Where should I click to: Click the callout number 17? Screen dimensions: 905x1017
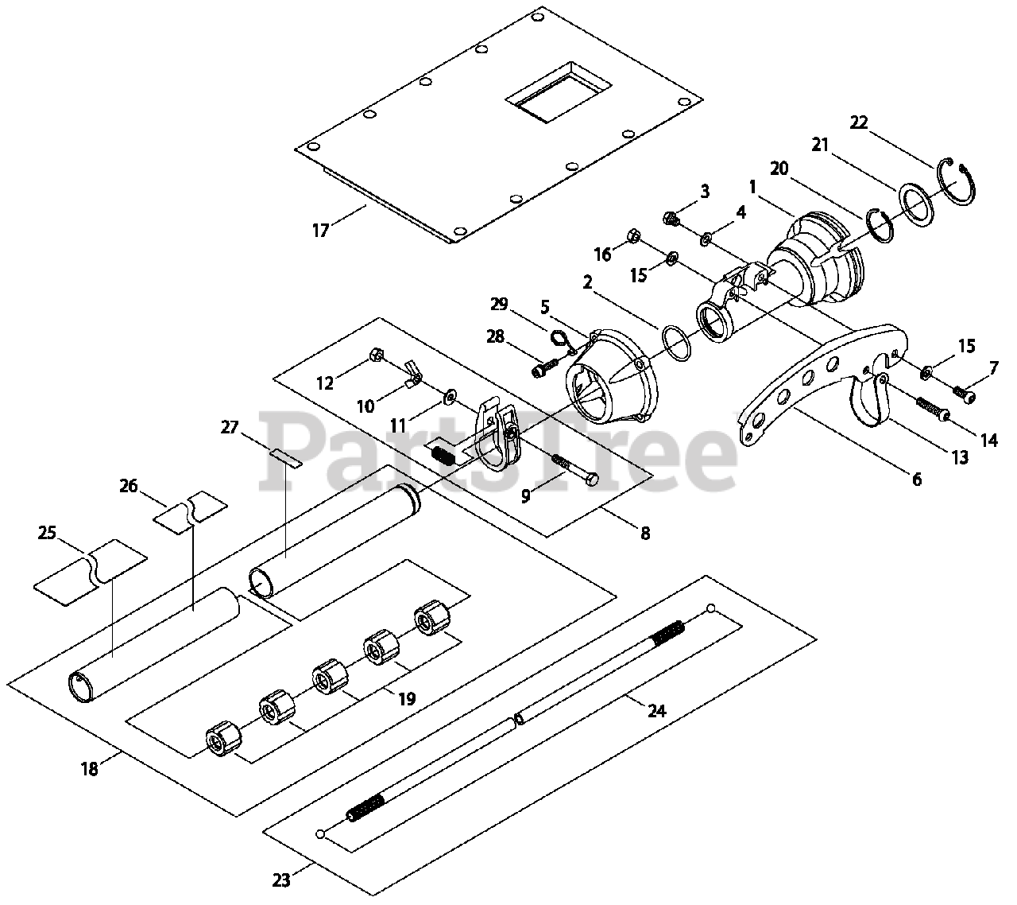(320, 231)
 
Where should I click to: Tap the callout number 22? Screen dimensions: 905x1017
(859, 122)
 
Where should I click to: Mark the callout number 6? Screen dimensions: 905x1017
(916, 480)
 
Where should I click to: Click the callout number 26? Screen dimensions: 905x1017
(129, 485)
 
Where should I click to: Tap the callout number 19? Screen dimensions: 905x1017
(406, 699)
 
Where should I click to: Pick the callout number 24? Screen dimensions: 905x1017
(656, 710)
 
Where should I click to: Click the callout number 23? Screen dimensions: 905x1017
(281, 880)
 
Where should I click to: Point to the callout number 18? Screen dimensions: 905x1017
(89, 769)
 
